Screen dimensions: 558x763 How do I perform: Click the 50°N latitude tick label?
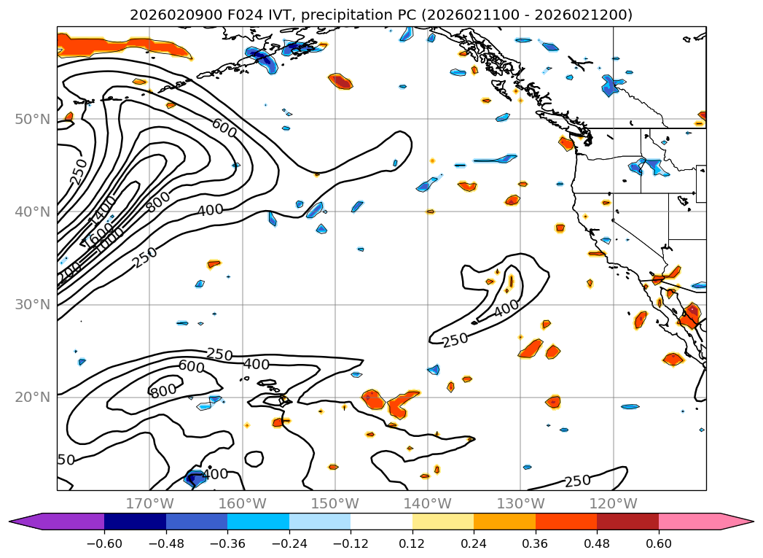(32, 119)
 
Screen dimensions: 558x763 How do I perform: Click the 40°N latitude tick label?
(32, 212)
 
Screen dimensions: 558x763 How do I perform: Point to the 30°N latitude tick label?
(32, 304)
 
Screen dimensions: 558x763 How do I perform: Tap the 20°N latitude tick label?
(32, 397)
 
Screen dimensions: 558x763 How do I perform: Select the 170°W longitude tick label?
(149, 503)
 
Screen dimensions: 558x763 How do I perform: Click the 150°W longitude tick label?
(334, 503)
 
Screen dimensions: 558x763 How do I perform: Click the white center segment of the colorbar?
(381, 522)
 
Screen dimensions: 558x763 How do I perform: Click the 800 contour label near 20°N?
(163, 391)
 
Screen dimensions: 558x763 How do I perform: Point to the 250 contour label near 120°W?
(577, 481)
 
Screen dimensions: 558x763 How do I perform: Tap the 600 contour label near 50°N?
(224, 128)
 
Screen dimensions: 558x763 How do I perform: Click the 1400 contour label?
(101, 212)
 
